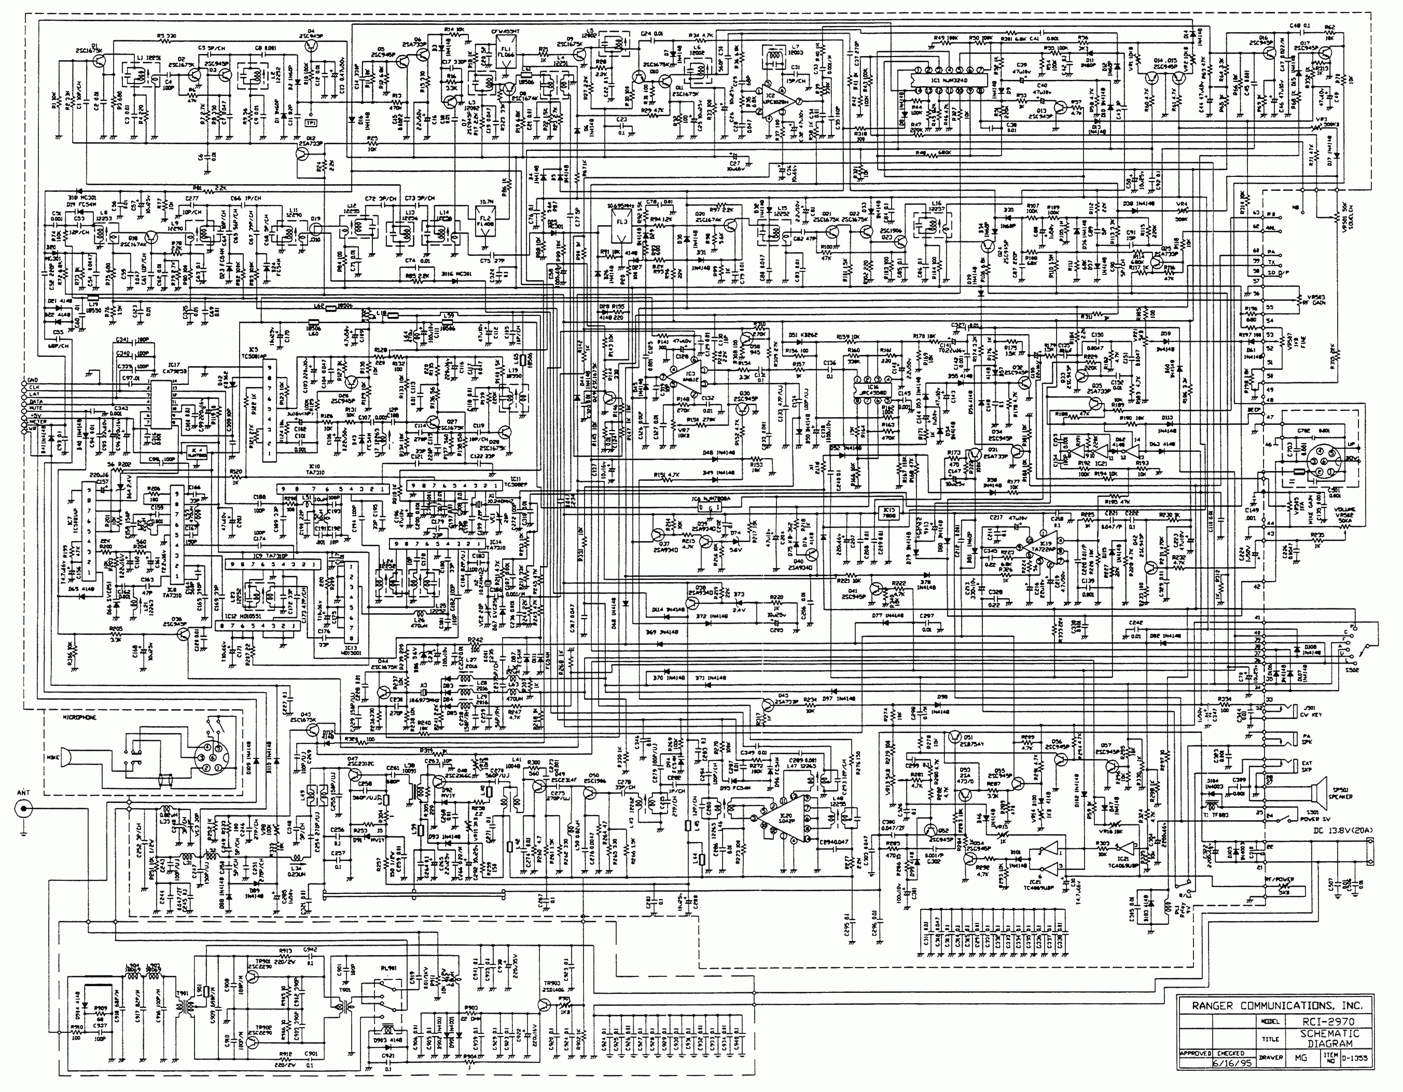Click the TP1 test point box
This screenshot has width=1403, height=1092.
(x=312, y=121)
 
